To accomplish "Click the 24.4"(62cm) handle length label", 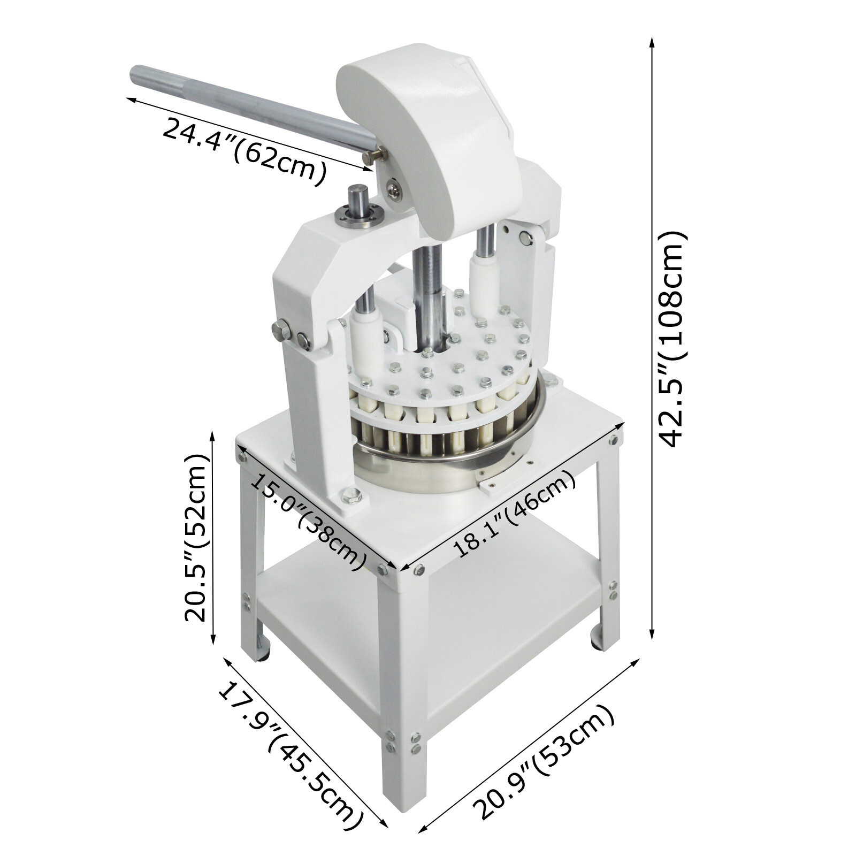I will click(243, 151).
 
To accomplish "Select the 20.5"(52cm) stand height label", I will click(195, 538).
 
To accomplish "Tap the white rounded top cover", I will click(428, 134).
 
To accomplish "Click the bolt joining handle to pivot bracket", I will click(374, 156).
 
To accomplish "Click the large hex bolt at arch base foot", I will click(350, 496).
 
